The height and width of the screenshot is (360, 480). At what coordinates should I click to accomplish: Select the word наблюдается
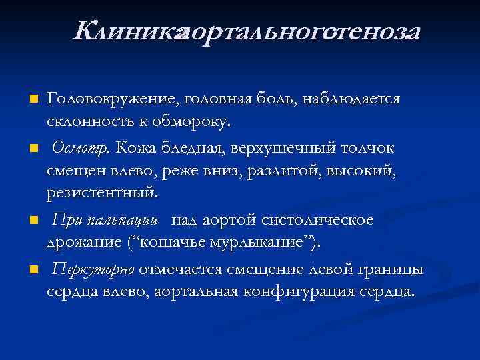pos(351,99)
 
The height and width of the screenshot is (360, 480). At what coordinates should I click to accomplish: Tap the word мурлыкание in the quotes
pos(264,243)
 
